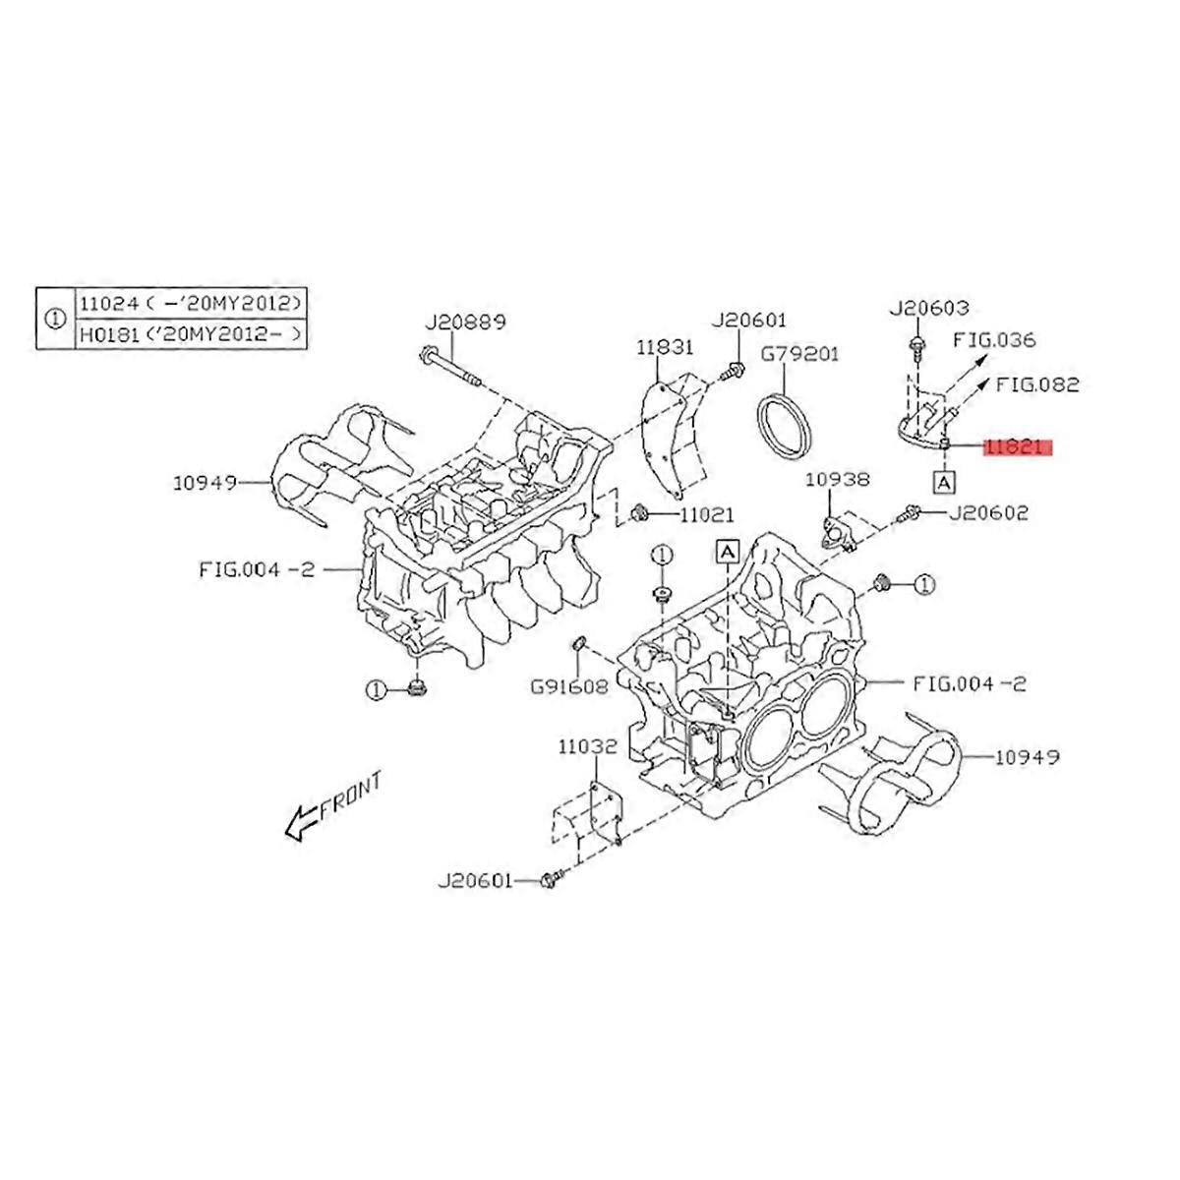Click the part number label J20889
coord(465,322)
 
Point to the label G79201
coord(800,353)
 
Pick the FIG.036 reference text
coord(996,340)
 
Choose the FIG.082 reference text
coord(1037,383)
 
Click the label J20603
coord(928,308)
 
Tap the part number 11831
coord(664,347)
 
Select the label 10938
coord(837,479)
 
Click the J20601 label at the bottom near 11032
coord(475,881)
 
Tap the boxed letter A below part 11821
coord(943,482)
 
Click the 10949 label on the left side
coord(206,483)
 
